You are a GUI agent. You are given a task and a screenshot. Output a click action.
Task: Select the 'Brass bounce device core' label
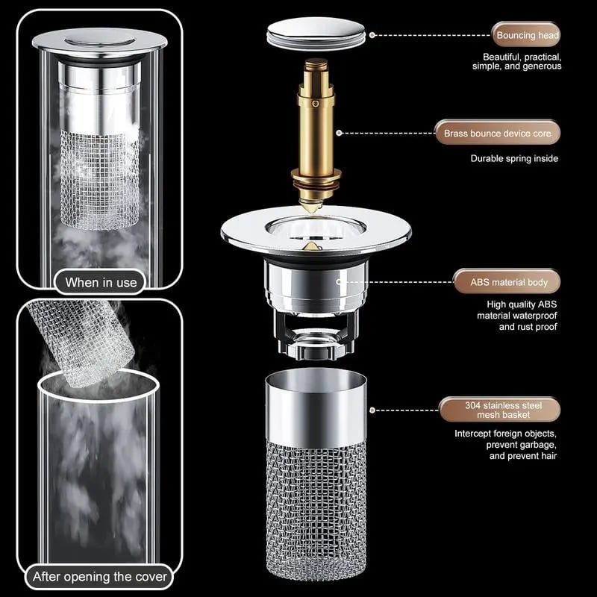click(498, 134)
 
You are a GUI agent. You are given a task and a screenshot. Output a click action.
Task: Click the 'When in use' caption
click(101, 283)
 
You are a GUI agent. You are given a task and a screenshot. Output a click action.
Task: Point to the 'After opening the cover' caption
click(99, 577)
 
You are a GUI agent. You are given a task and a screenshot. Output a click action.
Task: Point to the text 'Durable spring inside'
click(514, 158)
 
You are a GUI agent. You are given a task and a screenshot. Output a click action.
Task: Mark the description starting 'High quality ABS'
click(516, 315)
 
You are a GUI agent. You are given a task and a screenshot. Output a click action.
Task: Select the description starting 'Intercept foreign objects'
click(506, 445)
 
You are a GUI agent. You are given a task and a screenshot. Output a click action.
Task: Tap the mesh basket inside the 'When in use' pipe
click(100, 179)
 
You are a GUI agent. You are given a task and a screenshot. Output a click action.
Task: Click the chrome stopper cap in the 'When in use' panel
click(100, 40)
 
